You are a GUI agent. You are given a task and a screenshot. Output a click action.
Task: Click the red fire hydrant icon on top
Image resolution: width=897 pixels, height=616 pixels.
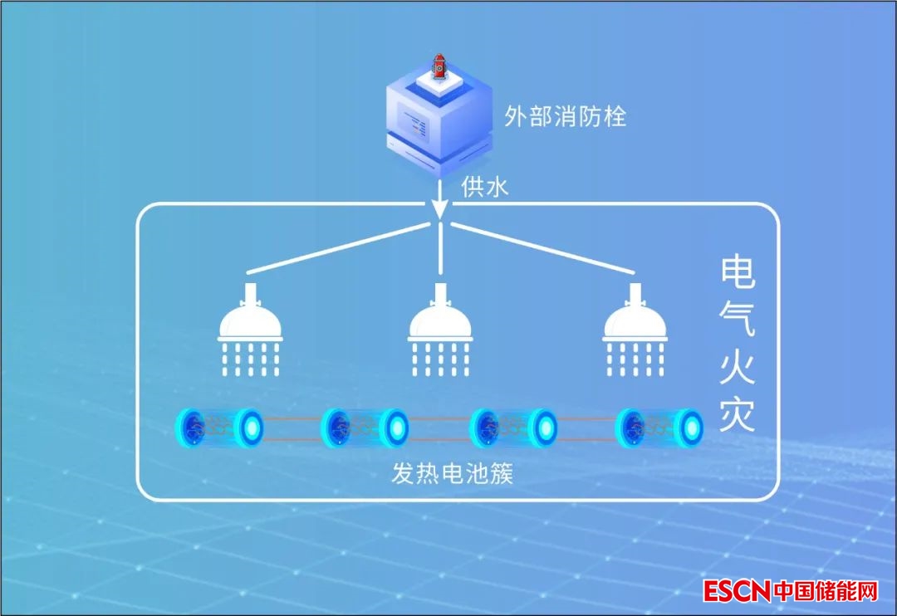[439, 65]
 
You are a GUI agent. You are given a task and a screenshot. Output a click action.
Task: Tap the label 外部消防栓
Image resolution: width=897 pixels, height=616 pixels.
[565, 116]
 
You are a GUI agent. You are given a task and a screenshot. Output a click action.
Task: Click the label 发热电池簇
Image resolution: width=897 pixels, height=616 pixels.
[453, 474]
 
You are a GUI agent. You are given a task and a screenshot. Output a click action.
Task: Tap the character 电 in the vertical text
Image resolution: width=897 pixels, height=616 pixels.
[738, 273]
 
